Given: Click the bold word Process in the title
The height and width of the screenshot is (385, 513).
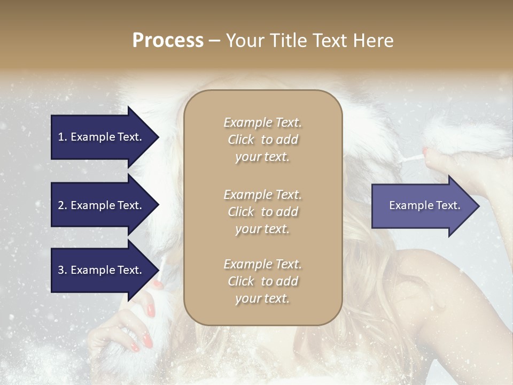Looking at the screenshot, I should point(168,41).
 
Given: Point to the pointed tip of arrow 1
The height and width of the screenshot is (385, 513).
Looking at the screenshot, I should point(158,137).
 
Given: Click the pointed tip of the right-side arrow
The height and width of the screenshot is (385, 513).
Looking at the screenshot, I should point(478,206).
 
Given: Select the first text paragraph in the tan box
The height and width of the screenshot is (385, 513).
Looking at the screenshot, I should point(262,140).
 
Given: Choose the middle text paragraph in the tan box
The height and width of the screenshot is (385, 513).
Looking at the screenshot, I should point(262,212).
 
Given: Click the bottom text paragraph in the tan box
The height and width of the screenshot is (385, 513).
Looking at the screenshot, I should point(262,281).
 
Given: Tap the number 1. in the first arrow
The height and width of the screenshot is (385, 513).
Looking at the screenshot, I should point(63,137).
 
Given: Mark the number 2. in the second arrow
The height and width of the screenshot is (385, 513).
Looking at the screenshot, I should point(63,205).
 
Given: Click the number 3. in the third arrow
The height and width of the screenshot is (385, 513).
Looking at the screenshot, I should point(63,270).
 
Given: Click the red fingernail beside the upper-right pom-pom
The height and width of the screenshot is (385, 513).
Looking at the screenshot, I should point(425,152).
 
